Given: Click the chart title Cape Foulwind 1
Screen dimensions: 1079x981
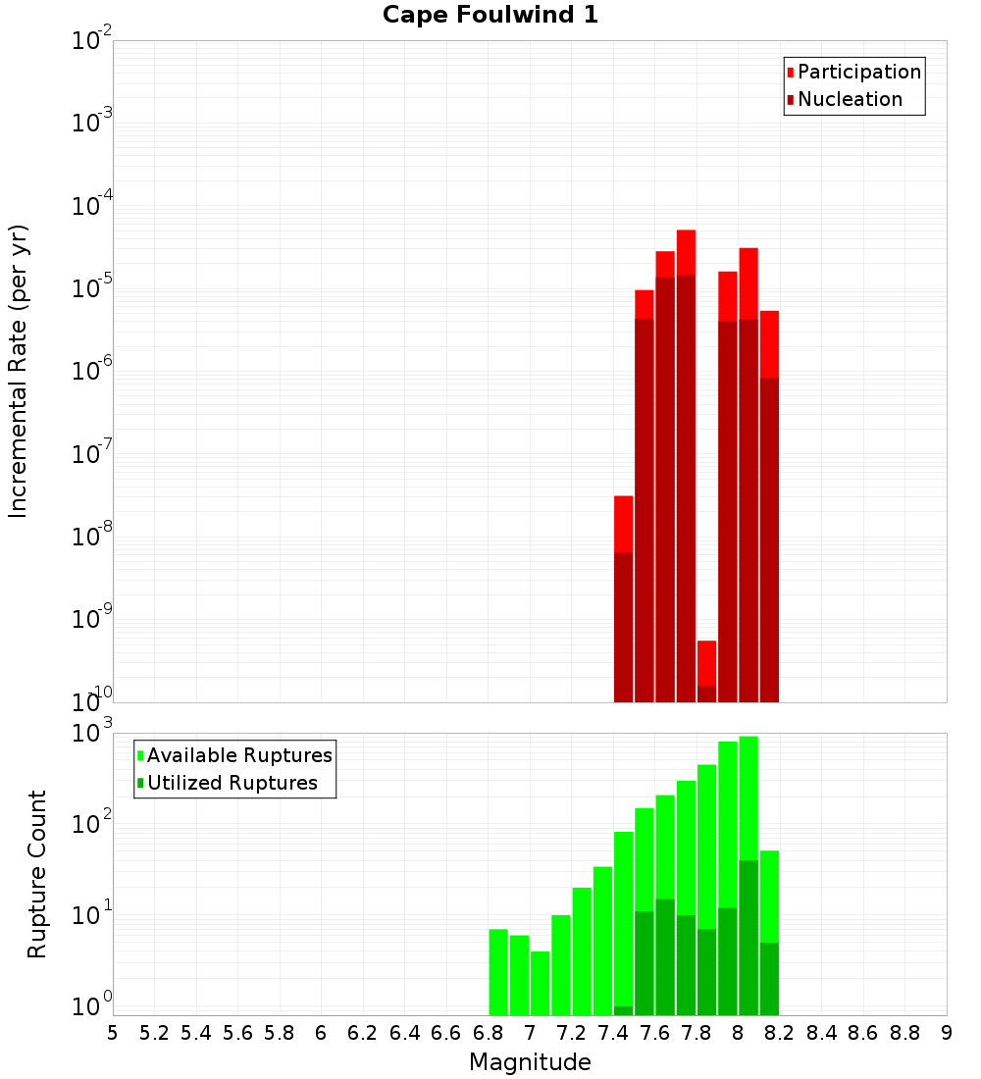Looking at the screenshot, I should tap(490, 15).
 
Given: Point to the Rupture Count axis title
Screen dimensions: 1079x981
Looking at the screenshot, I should tap(37, 873).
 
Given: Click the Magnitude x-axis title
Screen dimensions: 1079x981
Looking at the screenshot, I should tap(530, 1062).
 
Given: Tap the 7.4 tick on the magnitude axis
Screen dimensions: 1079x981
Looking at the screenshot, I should tap(613, 1032).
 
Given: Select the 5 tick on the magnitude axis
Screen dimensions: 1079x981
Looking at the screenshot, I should tap(113, 1032).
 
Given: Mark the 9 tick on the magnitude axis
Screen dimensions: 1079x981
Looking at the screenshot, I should tap(947, 1032).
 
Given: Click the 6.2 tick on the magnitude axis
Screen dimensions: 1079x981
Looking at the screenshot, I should tap(363, 1032).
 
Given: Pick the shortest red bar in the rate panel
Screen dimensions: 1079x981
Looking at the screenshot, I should tap(706, 662).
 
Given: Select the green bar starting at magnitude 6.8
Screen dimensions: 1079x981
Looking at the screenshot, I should tap(498, 971).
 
